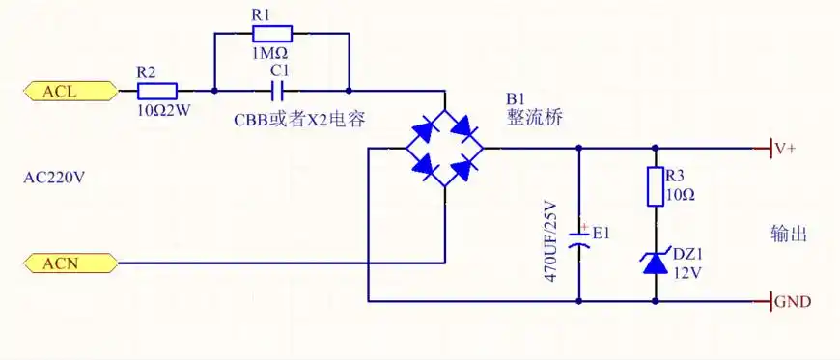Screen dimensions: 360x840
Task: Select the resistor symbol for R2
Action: [157, 92]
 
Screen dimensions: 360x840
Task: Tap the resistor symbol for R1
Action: [279, 32]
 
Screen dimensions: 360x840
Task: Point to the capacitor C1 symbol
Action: [279, 92]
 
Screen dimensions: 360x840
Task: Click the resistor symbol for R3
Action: [656, 186]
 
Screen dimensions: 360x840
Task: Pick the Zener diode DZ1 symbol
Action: [656, 261]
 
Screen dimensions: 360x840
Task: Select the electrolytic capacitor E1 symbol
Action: [578, 240]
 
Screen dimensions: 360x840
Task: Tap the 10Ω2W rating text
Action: [163, 110]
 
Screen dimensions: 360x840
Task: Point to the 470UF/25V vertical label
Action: [551, 241]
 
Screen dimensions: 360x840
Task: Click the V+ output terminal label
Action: [784, 150]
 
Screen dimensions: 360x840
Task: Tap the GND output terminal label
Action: [792, 302]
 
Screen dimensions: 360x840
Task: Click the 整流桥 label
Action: [535, 117]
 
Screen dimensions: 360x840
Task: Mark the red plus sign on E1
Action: [584, 228]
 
